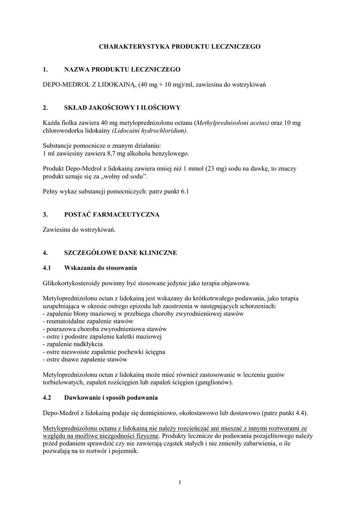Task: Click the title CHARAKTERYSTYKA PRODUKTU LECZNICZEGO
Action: [180, 46]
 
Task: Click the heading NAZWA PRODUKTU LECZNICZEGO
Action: [122, 70]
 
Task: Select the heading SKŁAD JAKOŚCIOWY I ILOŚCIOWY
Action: [123, 107]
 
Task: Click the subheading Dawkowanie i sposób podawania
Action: [111, 398]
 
